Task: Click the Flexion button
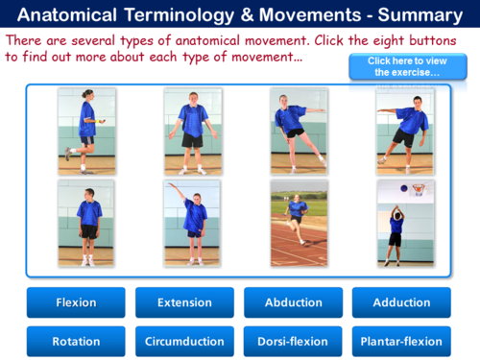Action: (76, 302)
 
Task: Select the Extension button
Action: (184, 302)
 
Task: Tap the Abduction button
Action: (293, 302)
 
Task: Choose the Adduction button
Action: (401, 302)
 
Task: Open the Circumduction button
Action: (184, 341)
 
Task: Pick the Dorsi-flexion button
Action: (293, 341)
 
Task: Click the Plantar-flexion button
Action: (401, 341)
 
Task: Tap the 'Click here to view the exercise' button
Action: (403, 66)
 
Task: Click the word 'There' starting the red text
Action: (27, 40)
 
